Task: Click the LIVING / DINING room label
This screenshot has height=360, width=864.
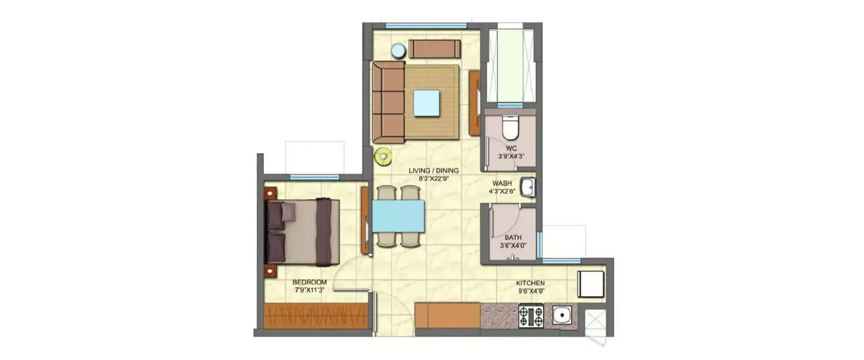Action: pyautogui.click(x=433, y=170)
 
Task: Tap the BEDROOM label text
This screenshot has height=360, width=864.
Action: pyautogui.click(x=309, y=282)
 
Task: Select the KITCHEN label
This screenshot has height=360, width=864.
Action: pyautogui.click(x=530, y=283)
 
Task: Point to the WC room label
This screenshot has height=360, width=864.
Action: pyautogui.click(x=510, y=147)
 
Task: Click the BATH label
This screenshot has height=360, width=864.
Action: pyautogui.click(x=513, y=237)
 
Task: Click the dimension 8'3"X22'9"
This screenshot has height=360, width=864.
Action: pyautogui.click(x=433, y=179)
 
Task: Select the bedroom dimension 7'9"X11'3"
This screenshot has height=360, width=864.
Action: pyautogui.click(x=309, y=290)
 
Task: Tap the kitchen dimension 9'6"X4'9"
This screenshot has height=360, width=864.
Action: pyautogui.click(x=530, y=291)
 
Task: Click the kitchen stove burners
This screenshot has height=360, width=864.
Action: pyautogui.click(x=530, y=316)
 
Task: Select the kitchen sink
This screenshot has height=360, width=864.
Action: pyautogui.click(x=560, y=315)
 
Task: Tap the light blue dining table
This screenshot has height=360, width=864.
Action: pyautogui.click(x=398, y=216)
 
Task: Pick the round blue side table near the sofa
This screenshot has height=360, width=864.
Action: pyautogui.click(x=399, y=51)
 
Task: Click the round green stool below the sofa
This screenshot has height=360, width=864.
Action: pyautogui.click(x=382, y=155)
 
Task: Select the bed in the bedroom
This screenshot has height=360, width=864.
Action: pyautogui.click(x=302, y=231)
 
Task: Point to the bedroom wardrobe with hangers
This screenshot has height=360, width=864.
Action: pyautogui.click(x=316, y=316)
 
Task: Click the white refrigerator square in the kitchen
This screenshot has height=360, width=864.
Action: pyautogui.click(x=590, y=283)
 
